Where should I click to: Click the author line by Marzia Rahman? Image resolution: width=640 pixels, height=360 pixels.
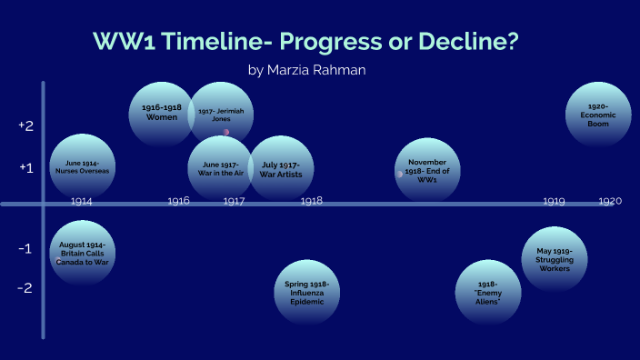[x=306, y=69]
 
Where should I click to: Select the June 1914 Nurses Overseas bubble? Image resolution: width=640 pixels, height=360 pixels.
[x=82, y=166]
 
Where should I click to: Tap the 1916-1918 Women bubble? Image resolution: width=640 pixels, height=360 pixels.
[x=161, y=113]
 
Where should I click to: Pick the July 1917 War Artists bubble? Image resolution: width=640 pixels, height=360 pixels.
[x=282, y=168]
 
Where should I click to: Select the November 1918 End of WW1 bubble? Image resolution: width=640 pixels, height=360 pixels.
[x=427, y=169]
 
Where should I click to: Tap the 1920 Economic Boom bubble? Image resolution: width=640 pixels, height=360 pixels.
[x=598, y=114]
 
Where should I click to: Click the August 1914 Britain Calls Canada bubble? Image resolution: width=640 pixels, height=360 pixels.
[x=82, y=253]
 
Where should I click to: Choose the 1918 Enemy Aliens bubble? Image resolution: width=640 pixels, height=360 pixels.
[x=488, y=292]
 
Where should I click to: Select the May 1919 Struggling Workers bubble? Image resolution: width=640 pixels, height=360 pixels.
[x=555, y=258]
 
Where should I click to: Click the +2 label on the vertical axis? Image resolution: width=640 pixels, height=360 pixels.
[x=26, y=125]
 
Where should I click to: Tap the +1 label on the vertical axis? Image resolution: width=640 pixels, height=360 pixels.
[x=26, y=167]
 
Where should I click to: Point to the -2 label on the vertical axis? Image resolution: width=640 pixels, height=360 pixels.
[x=26, y=288]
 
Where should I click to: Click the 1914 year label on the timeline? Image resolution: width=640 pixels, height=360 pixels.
[x=81, y=201]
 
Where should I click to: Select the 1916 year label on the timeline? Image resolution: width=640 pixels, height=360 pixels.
[x=178, y=201]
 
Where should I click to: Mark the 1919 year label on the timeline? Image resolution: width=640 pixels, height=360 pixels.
[x=555, y=201]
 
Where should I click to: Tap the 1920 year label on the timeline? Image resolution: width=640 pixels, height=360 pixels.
[x=610, y=201]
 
